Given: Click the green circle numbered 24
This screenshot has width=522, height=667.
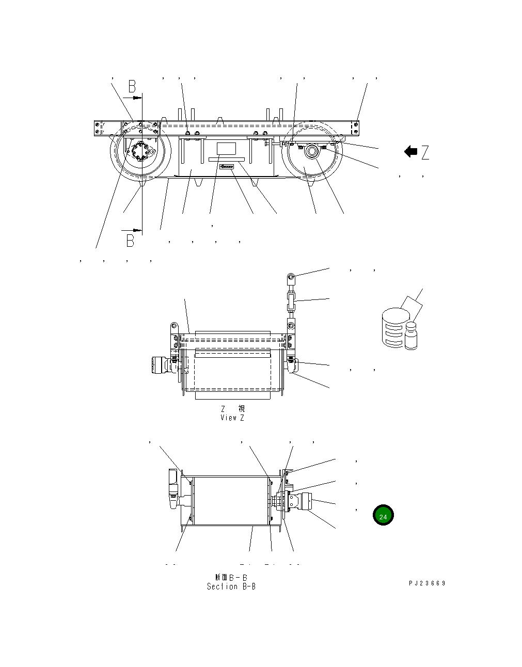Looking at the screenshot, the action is pos(383,516).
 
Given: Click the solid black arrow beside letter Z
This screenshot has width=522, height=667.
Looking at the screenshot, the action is pos(410,152).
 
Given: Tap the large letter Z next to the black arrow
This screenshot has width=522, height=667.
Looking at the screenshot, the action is pos(425,152).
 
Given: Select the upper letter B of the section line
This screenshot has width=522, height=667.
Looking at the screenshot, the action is pos(132,86).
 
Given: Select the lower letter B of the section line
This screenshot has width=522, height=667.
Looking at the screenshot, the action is pos(130,240).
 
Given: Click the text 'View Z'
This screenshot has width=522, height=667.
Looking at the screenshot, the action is pos(232,418).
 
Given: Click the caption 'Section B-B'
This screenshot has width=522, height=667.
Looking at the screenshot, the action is pos(231,586).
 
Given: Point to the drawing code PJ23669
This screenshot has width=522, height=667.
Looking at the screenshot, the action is pos(426,583).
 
